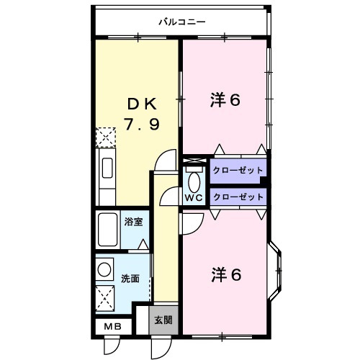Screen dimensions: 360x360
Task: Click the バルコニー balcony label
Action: pyautogui.click(x=182, y=22)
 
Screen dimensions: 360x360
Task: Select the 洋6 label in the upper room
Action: pyautogui.click(x=225, y=101)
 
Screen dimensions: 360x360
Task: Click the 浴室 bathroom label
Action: pyautogui.click(x=132, y=222)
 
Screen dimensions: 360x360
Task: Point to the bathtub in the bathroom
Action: pyautogui.click(x=108, y=230)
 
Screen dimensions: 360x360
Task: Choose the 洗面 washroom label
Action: pyautogui.click(x=130, y=279)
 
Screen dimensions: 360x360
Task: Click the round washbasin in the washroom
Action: pyautogui.click(x=105, y=270)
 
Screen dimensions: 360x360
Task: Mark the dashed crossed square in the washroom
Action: pyautogui.click(x=106, y=295)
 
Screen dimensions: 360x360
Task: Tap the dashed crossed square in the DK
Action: pyautogui.click(x=106, y=137)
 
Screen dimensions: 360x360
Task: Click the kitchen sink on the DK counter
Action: pyautogui.click(x=106, y=169)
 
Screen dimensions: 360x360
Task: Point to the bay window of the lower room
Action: pyautogui.click(x=277, y=274)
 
